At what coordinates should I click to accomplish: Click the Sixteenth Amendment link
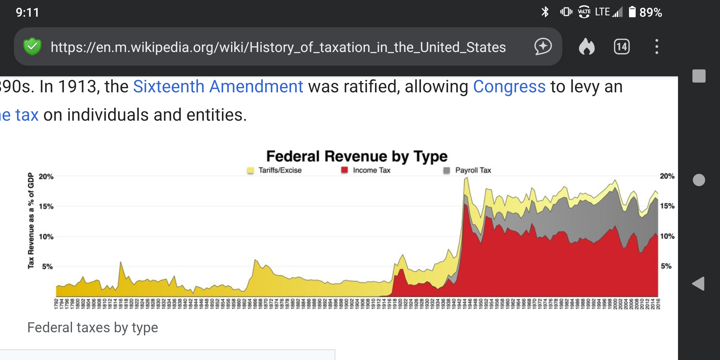coord(218,87)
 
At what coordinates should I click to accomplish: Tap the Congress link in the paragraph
coord(509,87)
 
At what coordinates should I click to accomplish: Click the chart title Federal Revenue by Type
coord(357,156)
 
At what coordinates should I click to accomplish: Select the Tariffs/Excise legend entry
coord(279,170)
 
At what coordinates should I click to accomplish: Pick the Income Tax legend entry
coord(371,170)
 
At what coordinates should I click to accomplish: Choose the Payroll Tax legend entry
coord(473,170)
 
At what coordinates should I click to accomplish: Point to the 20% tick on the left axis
coord(46,176)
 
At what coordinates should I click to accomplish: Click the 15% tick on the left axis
coord(46,206)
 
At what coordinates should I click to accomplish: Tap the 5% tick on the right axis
coord(666,266)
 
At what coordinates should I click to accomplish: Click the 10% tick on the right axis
coord(667,236)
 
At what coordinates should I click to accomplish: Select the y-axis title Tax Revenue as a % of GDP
coord(31,221)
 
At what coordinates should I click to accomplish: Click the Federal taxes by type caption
coord(93,328)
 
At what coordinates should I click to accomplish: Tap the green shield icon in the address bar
coord(32,47)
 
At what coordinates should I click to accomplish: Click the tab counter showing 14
coord(622,47)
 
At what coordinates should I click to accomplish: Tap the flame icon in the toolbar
coord(587,47)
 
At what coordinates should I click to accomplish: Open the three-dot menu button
coord(657,47)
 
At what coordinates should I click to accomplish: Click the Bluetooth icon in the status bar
coord(545,12)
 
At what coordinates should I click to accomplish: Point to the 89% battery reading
coord(650,12)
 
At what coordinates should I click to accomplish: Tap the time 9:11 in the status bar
coord(27,13)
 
